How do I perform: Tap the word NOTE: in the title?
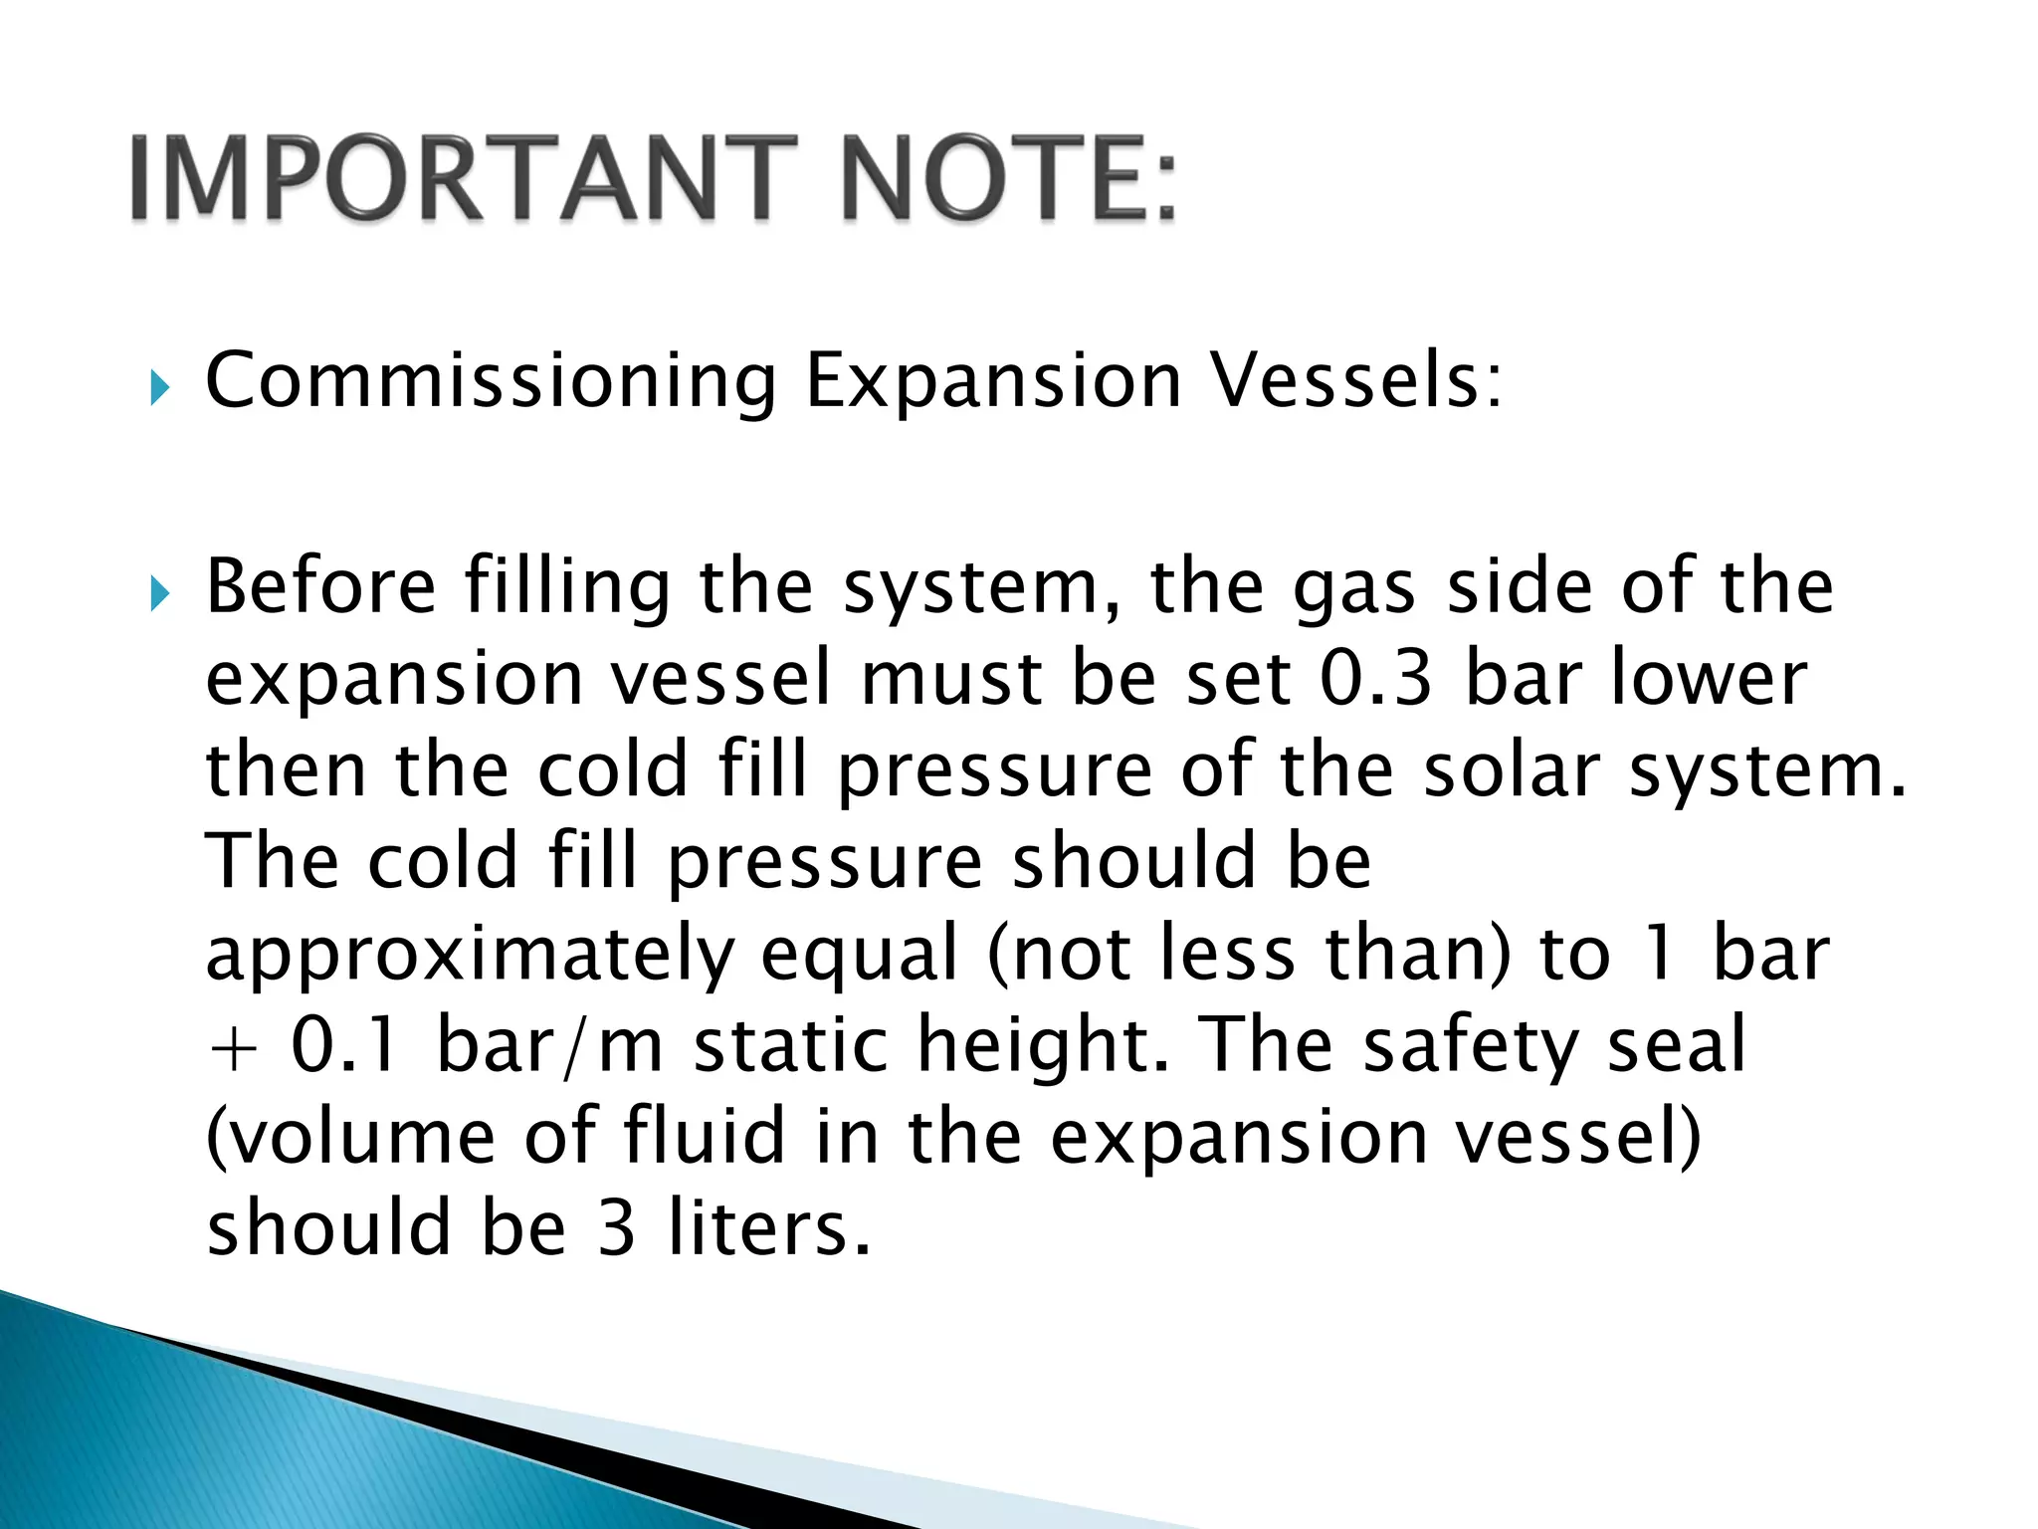click(1009, 179)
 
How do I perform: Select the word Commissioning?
click(491, 381)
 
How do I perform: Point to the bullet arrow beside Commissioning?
click(159, 387)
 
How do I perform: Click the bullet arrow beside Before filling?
click(159, 594)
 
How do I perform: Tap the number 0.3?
click(1375, 678)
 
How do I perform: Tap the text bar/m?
click(550, 1045)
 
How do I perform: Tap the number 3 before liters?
click(617, 1227)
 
